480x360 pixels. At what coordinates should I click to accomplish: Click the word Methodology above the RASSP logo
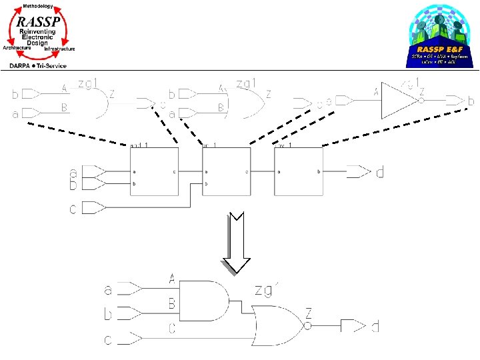click(39, 5)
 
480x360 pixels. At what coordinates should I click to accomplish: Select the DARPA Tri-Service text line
click(39, 65)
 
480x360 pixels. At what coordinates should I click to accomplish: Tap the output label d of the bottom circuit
click(376, 326)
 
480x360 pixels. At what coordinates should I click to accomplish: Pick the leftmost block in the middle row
click(154, 171)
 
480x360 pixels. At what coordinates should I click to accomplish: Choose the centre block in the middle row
click(226, 171)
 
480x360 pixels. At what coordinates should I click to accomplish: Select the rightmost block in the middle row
click(298, 171)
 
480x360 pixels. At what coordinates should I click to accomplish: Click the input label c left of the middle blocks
click(73, 209)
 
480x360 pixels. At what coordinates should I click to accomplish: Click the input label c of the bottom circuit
click(108, 341)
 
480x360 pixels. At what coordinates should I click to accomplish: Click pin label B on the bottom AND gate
click(171, 304)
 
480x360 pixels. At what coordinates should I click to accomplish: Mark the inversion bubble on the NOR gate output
click(309, 326)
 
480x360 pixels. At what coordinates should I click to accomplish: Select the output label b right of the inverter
click(471, 101)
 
